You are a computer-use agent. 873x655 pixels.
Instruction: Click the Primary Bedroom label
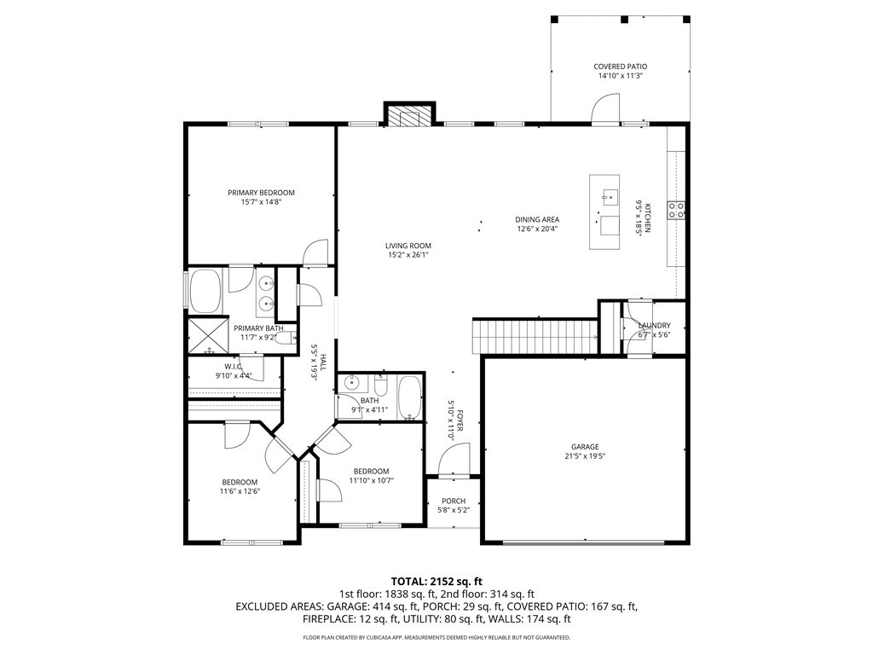click(x=261, y=193)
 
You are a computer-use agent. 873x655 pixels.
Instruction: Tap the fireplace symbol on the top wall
click(x=409, y=116)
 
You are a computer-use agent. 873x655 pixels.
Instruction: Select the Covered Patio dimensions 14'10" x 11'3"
click(x=621, y=76)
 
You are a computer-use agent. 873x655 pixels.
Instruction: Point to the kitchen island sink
click(x=610, y=195)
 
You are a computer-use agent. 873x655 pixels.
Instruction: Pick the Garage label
click(x=585, y=447)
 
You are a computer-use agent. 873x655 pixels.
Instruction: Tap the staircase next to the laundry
click(x=535, y=335)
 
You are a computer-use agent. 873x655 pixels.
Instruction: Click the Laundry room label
click(x=654, y=325)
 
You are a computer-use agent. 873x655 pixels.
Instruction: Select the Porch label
click(x=454, y=501)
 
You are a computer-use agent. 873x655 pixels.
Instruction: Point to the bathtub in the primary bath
click(x=205, y=292)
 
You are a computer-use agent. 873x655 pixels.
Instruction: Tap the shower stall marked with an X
click(x=208, y=335)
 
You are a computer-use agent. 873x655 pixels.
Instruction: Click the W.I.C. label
click(x=234, y=366)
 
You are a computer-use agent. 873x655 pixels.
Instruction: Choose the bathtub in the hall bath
click(x=411, y=397)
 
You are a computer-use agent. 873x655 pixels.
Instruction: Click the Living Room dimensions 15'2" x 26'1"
click(x=408, y=255)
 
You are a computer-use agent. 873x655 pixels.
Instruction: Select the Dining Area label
click(x=537, y=219)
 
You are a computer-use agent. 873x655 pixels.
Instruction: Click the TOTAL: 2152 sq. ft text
click(x=436, y=582)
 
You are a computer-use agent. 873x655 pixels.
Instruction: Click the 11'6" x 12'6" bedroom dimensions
click(x=240, y=491)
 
